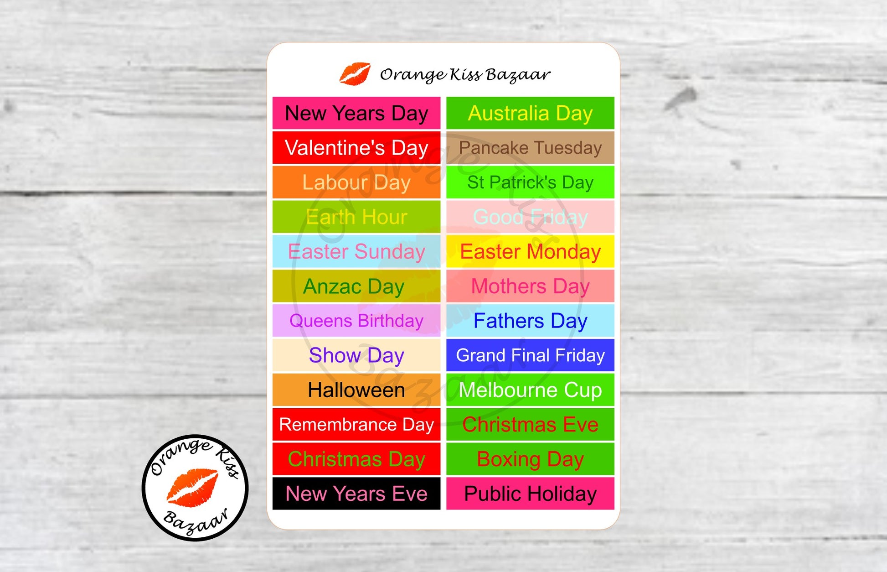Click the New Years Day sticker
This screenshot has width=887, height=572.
356,113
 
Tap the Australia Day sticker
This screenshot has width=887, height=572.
530,113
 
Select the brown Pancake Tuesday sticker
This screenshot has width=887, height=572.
530,147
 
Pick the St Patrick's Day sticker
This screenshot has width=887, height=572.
530,182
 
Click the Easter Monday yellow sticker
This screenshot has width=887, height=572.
530,251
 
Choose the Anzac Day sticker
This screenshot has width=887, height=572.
356,286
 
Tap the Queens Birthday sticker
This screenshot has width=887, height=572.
356,321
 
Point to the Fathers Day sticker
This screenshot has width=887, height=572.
530,321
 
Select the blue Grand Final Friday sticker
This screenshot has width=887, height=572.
530,355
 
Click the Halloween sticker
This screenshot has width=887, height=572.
356,390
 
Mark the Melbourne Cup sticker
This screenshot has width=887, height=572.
530,390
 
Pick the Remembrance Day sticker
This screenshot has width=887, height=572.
356,424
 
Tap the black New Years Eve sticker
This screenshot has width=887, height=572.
356,494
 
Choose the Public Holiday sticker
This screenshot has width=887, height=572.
530,494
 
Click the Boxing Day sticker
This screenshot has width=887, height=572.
530,459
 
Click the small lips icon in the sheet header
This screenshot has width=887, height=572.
355,74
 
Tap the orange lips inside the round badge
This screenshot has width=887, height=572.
192,488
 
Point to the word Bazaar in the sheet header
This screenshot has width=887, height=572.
517,74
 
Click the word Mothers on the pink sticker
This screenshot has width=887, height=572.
509,286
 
